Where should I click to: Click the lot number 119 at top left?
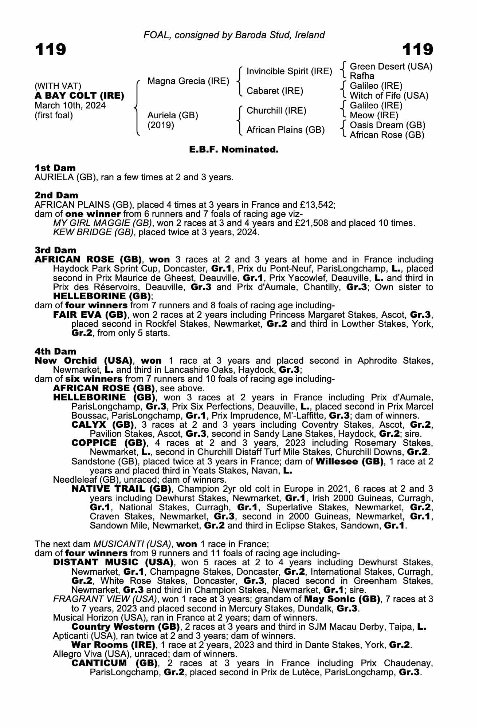coord(50,50)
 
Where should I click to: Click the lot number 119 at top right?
coord(417,50)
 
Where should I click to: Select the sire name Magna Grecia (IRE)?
coord(188,81)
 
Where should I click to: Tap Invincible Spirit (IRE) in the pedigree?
coord(289,71)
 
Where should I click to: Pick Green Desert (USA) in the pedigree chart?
coord(391,67)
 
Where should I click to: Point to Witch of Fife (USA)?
coord(389,96)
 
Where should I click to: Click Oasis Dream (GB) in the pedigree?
coord(388,125)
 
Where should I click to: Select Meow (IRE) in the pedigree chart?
coord(374,115)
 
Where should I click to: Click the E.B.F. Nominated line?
coord(234,150)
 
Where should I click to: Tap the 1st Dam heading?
coord(55,168)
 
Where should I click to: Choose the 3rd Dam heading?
coord(55,250)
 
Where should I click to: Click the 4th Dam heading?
coord(55,351)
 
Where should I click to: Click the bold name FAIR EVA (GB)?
coord(90,314)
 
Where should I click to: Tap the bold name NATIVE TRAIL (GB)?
coord(121,488)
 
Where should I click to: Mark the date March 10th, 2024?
coord(70,106)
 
